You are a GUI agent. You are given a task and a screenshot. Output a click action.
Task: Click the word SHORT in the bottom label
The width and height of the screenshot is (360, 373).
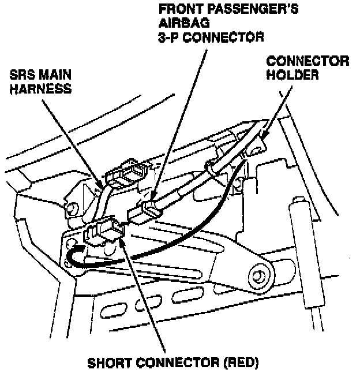coord(110,364)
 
